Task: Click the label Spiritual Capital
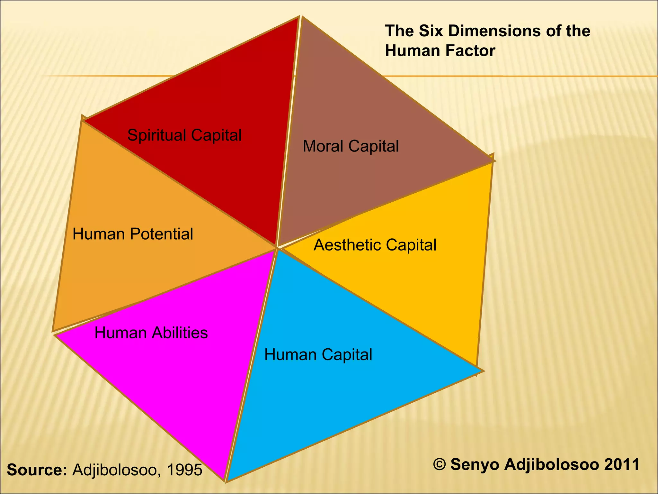(184, 135)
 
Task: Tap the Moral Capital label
(351, 146)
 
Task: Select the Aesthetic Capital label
(375, 245)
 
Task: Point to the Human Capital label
(318, 355)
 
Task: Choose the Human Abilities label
(151, 333)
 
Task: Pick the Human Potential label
(133, 234)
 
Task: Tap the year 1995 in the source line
(184, 470)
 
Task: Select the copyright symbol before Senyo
(439, 464)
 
